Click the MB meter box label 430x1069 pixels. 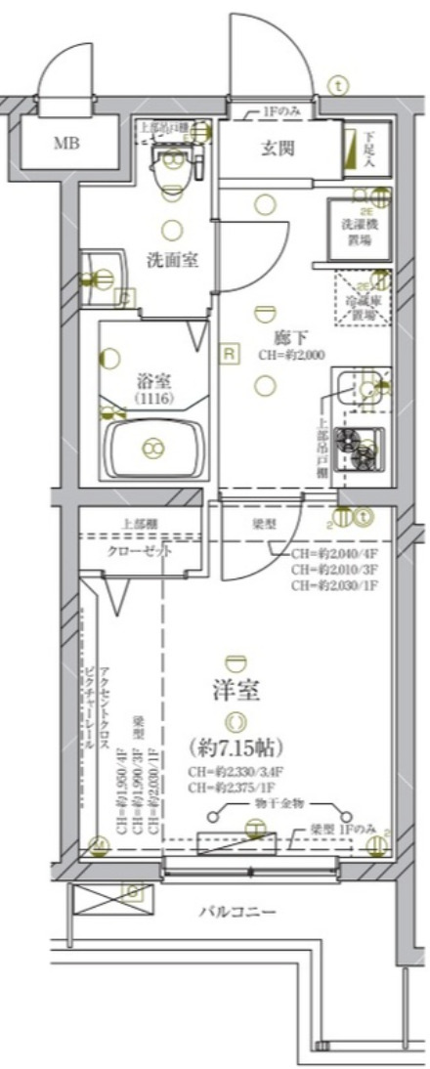click(x=66, y=145)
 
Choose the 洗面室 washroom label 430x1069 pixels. click(x=169, y=261)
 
